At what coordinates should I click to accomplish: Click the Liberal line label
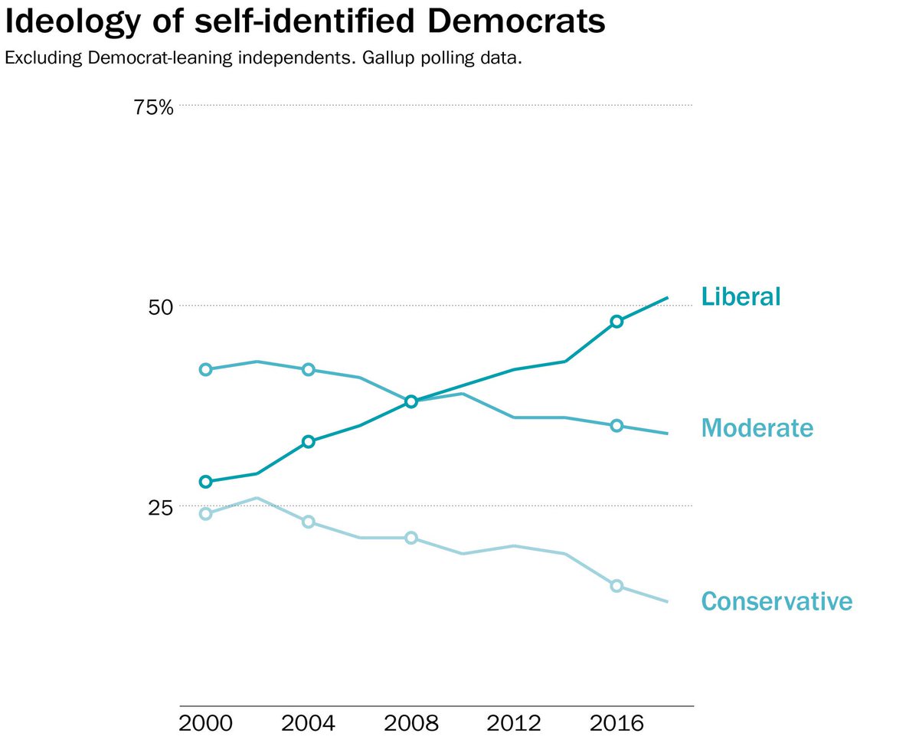tap(741, 296)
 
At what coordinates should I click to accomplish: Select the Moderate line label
tap(757, 427)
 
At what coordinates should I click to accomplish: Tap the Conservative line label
tap(776, 601)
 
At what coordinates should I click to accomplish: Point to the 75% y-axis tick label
tap(153, 106)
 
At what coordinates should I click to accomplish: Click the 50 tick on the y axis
tap(162, 307)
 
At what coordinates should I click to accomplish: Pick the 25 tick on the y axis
tap(162, 507)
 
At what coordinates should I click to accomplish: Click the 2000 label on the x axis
tap(205, 724)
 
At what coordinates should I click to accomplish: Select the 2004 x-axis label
tap(308, 724)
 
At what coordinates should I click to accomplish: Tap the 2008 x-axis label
tap(410, 724)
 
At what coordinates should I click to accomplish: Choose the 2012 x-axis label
tap(513, 724)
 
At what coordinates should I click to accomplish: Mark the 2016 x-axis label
tap(616, 724)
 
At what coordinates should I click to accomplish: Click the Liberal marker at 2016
tap(616, 322)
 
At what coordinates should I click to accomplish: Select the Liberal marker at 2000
tap(205, 482)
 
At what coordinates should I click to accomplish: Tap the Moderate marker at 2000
tap(205, 369)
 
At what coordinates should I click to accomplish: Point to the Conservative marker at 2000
tap(205, 514)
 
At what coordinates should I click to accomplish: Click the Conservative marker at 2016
tap(616, 586)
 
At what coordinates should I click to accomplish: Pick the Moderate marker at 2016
tap(616, 426)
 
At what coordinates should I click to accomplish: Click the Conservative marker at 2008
tap(410, 538)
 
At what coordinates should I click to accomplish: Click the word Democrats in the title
tap(516, 23)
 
